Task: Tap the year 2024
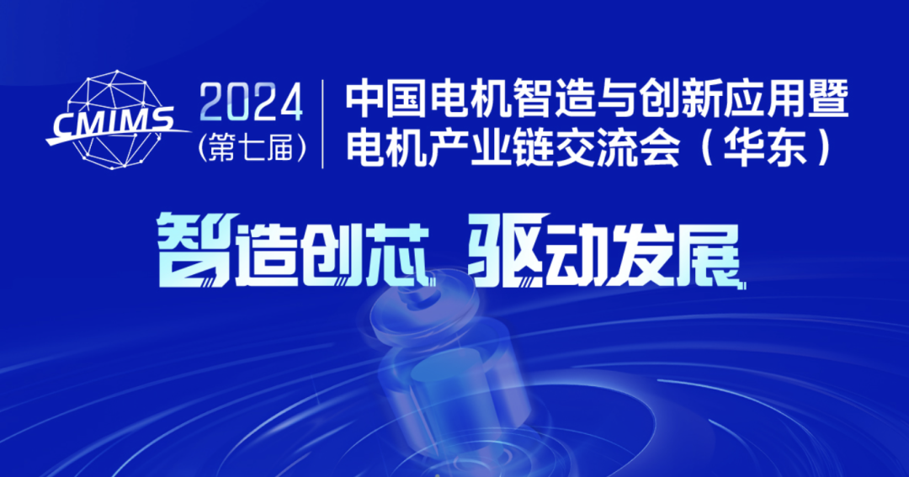[x=252, y=103]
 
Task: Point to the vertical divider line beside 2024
[x=323, y=124]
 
